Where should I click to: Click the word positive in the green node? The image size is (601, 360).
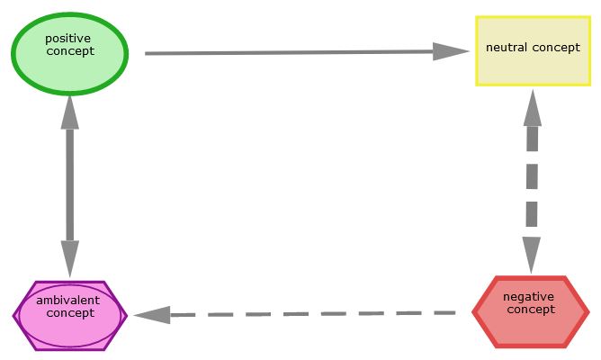pos(67,39)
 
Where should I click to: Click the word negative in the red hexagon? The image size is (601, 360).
pos(528,297)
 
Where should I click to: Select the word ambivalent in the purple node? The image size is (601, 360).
pos(67,301)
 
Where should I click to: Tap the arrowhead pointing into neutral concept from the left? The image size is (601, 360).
pos(450,51)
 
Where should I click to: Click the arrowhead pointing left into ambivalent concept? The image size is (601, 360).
pos(153,315)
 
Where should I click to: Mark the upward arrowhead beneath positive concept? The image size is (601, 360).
pos(70,110)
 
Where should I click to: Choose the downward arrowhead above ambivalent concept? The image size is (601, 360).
pos(70,254)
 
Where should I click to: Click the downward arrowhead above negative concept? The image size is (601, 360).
pos(532,254)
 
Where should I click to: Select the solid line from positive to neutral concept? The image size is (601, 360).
pos(288,53)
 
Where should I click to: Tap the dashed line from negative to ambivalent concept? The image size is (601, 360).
pos(315,314)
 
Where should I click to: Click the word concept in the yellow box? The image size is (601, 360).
pos(558,48)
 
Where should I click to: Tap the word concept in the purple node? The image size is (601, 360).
pos(70,313)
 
